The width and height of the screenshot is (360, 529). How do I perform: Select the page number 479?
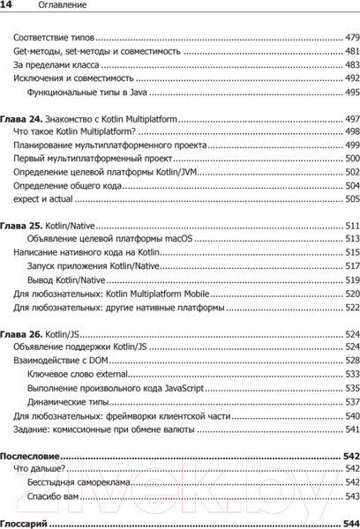point(350,38)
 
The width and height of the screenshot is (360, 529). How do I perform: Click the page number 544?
point(350,522)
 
